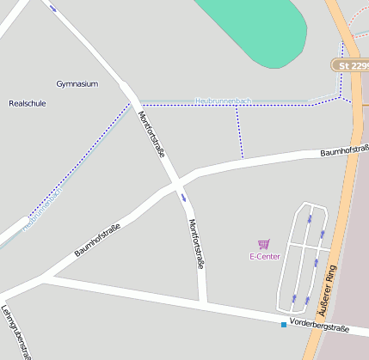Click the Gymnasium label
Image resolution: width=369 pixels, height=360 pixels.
77,83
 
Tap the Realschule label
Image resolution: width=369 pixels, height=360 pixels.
27,103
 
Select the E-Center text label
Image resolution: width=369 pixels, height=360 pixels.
265,257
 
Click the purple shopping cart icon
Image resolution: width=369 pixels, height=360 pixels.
264,245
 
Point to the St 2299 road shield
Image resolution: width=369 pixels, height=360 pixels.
351,65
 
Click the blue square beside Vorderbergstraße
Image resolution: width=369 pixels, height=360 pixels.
284,324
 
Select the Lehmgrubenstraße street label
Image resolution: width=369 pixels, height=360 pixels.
16,331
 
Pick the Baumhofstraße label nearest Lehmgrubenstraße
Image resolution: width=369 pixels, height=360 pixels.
96,239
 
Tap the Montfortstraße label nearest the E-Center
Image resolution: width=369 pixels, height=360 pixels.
196,245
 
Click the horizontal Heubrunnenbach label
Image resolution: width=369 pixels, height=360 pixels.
224,101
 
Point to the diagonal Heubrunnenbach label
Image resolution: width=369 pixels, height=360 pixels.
43,209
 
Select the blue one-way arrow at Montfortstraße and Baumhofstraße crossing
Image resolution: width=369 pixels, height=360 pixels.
183,197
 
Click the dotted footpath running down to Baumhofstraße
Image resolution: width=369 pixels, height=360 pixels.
239,133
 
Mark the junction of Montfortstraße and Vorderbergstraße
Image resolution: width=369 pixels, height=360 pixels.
204,302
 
